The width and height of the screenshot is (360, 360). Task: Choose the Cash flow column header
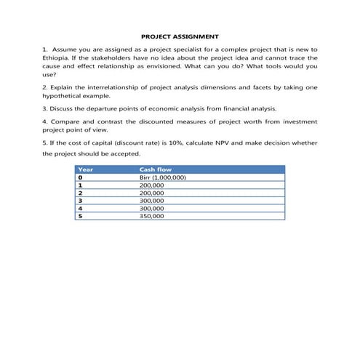(155, 169)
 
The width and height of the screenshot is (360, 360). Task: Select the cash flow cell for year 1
(151, 185)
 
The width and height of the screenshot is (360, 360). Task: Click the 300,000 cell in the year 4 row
(151, 208)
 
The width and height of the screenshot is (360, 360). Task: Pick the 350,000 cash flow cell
(151, 216)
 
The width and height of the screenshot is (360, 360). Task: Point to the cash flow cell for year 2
(151, 193)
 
